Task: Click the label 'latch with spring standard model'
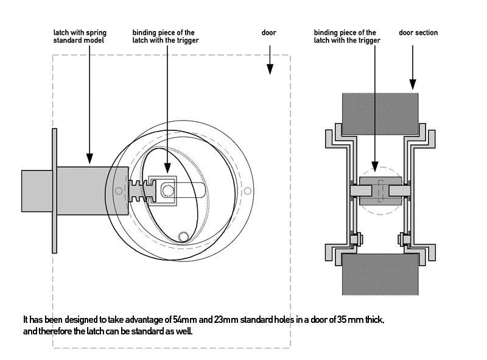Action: click(x=79, y=37)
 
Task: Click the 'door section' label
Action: click(x=418, y=33)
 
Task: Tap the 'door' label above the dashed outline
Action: click(x=269, y=33)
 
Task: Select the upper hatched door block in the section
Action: click(x=379, y=114)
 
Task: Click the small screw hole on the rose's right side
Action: click(x=248, y=191)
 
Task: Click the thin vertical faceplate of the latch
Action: click(x=54, y=191)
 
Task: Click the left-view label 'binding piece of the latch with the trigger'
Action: click(x=165, y=37)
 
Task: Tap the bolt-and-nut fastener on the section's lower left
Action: click(x=354, y=239)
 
